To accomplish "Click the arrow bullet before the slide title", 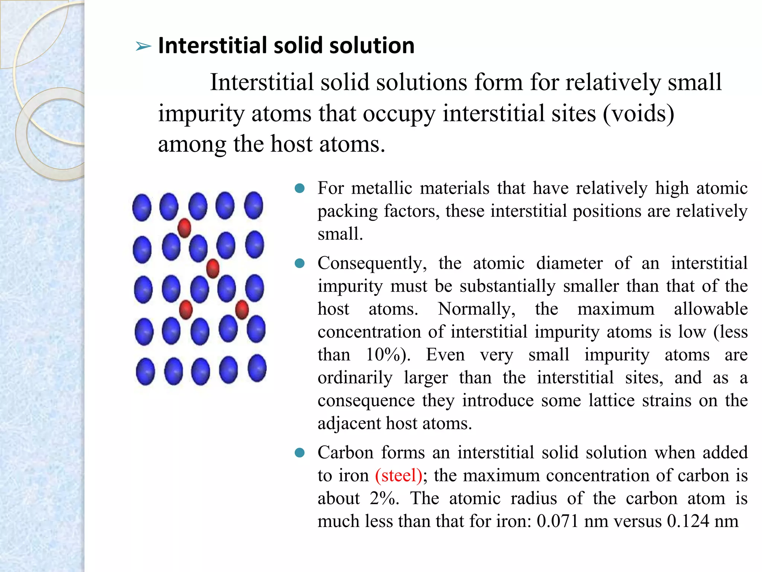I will click(143, 47).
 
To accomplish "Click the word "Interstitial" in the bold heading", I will click(212, 45).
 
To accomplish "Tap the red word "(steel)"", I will click(398, 476).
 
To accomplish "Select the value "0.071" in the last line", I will click(557, 521).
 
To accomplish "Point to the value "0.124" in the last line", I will click(688, 521).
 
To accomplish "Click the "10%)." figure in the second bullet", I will click(388, 355).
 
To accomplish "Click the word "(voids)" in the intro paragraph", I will click(638, 114).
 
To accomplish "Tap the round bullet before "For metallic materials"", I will click(300, 188).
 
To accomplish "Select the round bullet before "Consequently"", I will click(300, 264).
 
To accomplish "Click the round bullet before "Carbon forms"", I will click(300, 453).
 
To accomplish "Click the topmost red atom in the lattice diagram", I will click(185, 228).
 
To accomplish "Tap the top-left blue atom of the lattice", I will click(142, 207).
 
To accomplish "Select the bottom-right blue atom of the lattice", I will click(257, 368).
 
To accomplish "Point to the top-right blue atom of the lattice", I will click(254, 205).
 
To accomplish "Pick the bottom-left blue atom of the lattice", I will click(145, 371).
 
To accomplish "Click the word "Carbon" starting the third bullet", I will click(345, 453).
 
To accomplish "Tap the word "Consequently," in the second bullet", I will click(372, 263).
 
